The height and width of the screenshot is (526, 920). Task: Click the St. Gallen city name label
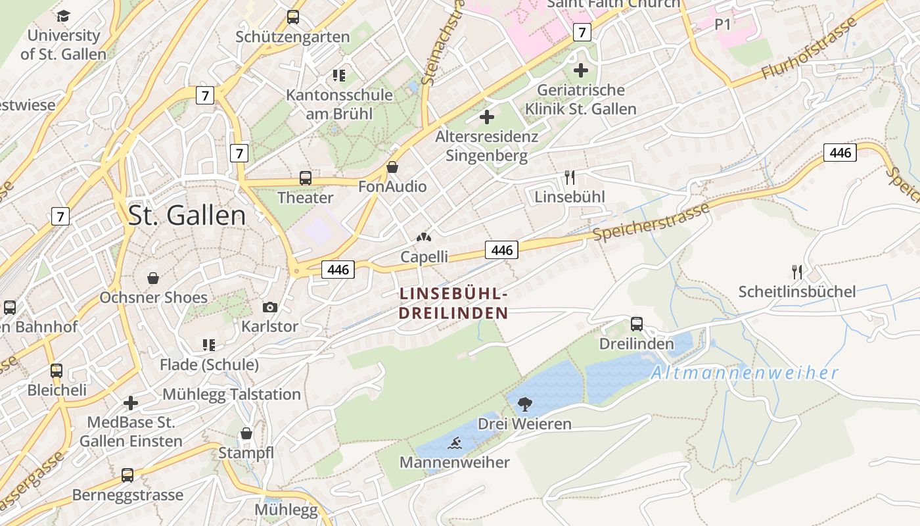point(187,216)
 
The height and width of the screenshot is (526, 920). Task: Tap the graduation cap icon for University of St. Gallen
point(63,16)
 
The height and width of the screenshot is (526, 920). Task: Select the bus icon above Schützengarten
point(293,17)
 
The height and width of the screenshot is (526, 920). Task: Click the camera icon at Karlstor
point(269,307)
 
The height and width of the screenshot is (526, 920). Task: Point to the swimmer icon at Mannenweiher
point(455,443)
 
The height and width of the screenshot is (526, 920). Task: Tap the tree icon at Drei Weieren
point(524,404)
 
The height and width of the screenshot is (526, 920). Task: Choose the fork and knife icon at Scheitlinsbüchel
point(797,272)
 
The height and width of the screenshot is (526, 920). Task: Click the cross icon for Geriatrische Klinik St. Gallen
point(581,70)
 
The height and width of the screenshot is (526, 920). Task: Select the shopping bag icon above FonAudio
point(392,167)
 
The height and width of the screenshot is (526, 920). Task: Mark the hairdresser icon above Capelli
point(425,237)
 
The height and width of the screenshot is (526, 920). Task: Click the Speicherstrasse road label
point(651,222)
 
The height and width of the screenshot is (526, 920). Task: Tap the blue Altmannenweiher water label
point(745,373)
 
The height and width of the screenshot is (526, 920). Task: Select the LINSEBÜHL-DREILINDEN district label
point(453,303)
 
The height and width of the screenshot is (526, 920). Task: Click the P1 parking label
point(723,24)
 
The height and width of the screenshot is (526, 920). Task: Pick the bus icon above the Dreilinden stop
point(636,323)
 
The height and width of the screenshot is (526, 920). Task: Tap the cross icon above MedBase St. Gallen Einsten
point(131,402)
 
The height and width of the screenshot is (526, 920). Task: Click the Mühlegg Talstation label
point(231,394)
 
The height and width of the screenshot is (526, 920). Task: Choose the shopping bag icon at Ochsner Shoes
point(153,278)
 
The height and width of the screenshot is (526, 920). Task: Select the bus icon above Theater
point(306,178)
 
